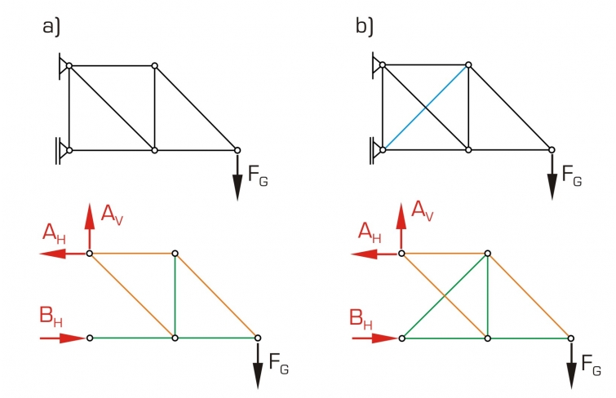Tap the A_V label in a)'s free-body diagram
(112, 214)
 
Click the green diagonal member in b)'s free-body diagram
(445, 295)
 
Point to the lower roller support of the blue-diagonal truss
(374, 149)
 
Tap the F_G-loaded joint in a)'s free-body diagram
(257, 337)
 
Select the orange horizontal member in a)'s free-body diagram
(132, 254)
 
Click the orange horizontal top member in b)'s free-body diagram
(445, 254)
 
